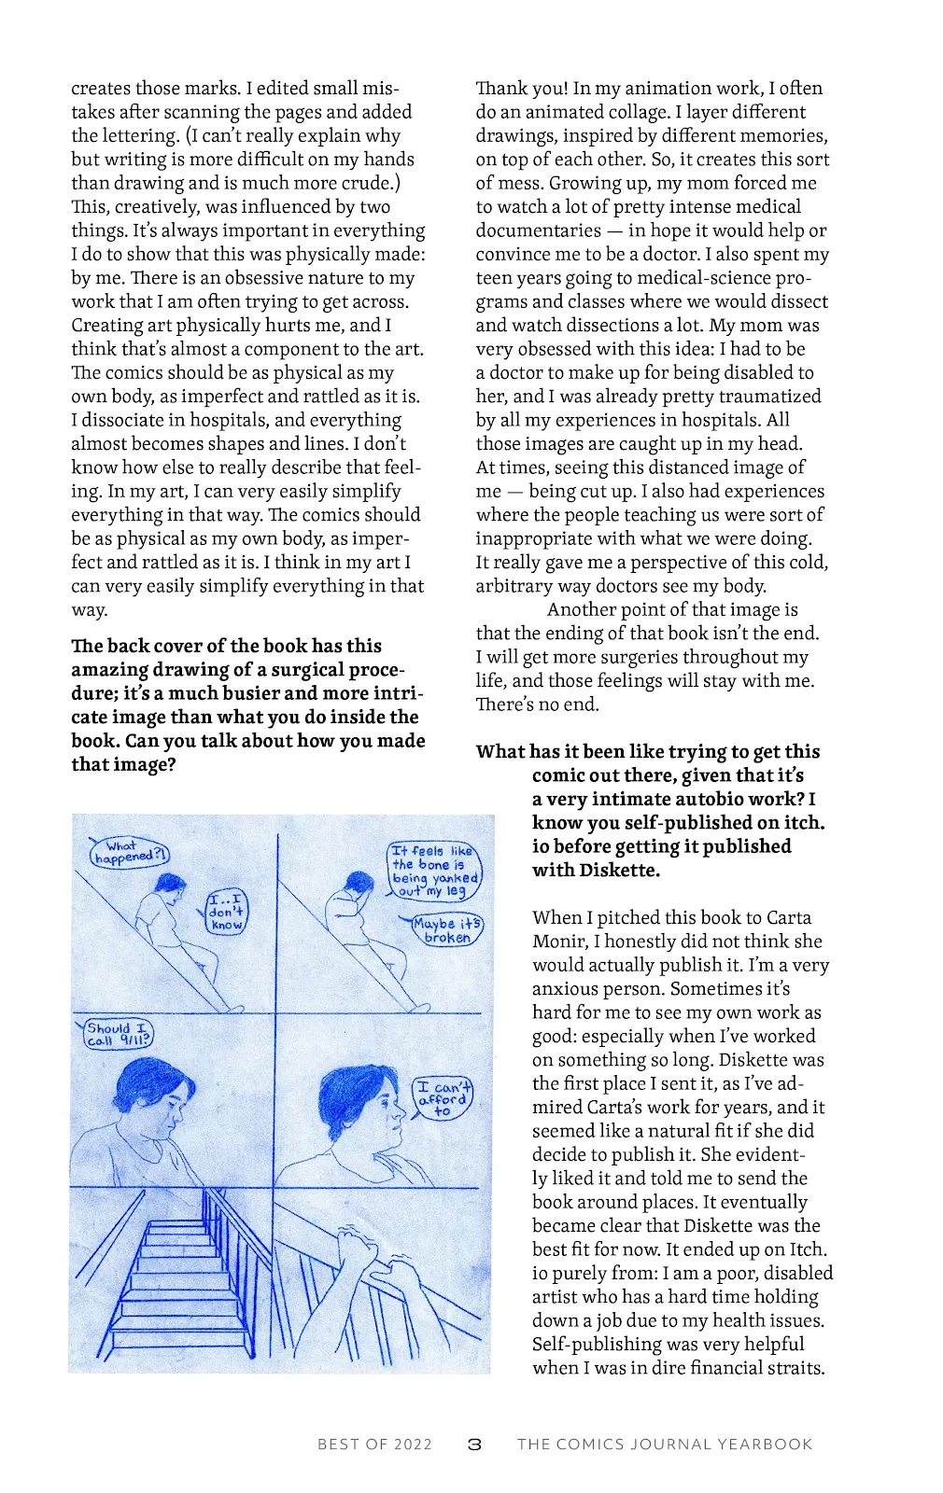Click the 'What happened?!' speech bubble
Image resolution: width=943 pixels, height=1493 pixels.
pos(131,852)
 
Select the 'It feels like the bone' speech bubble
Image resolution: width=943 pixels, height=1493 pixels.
pos(434,871)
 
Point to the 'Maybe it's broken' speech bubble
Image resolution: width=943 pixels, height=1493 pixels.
pos(448,930)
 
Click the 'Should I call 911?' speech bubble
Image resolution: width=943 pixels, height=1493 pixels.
pos(117,1034)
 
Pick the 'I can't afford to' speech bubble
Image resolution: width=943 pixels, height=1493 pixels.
pos(443,1098)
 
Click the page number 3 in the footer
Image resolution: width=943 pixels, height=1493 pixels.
pos(474,1444)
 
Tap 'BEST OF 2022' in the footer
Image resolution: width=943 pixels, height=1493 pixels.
pos(374,1444)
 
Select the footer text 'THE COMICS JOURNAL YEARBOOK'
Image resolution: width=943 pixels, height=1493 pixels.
pos(665,1444)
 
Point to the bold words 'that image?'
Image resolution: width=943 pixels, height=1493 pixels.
pos(123,764)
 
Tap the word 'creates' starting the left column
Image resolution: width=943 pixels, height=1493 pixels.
pos(101,88)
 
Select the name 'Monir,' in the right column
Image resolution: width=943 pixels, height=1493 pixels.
pos(560,942)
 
